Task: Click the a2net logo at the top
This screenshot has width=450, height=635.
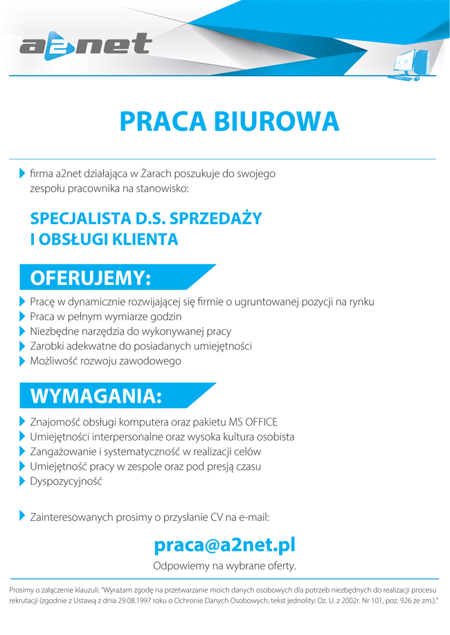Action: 86,45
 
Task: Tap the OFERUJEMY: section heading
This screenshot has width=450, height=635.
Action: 91,278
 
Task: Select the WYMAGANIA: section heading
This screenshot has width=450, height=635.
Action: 96,396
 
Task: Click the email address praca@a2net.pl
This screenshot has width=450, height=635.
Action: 225,545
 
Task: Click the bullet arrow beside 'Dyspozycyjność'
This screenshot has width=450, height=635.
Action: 22,481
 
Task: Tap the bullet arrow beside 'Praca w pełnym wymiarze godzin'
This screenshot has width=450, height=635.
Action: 22,317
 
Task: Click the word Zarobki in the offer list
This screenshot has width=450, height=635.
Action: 47,346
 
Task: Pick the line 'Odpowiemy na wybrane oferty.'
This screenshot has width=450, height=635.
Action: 224,566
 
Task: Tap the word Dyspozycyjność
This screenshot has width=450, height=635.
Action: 66,481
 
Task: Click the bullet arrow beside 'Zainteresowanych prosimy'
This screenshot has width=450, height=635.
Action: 22,516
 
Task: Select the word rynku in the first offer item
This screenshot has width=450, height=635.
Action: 361,302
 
